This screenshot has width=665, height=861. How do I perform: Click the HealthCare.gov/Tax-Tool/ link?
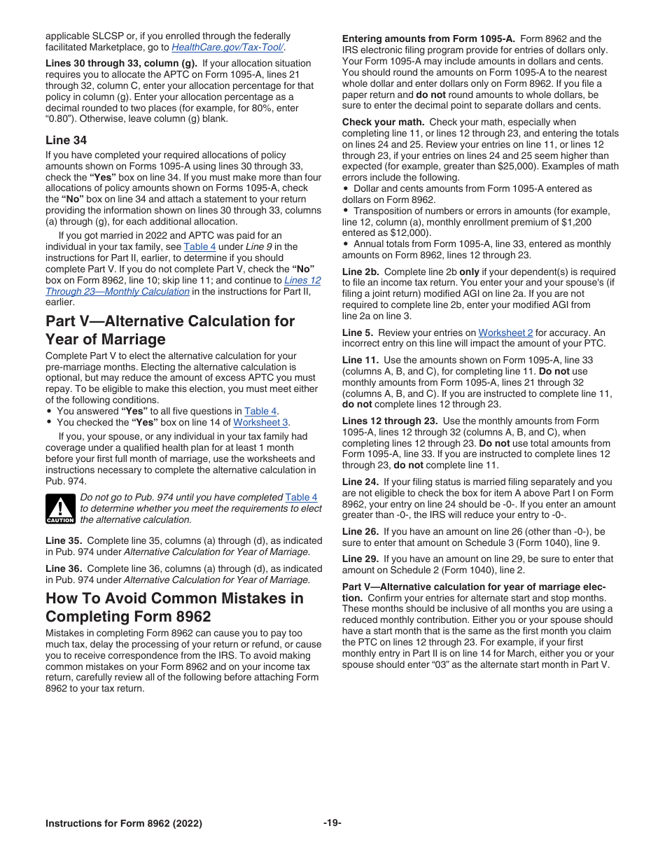coord(227,47)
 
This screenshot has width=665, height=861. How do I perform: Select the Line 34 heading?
coord(66,140)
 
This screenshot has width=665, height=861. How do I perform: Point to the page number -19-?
coord(332,823)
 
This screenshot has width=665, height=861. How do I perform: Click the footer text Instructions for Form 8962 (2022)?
coord(124,823)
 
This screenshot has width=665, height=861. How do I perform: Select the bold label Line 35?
coord(64,540)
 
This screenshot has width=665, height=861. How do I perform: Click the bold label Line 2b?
coord(360,272)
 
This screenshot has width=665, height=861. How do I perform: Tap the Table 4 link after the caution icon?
coord(301,497)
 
